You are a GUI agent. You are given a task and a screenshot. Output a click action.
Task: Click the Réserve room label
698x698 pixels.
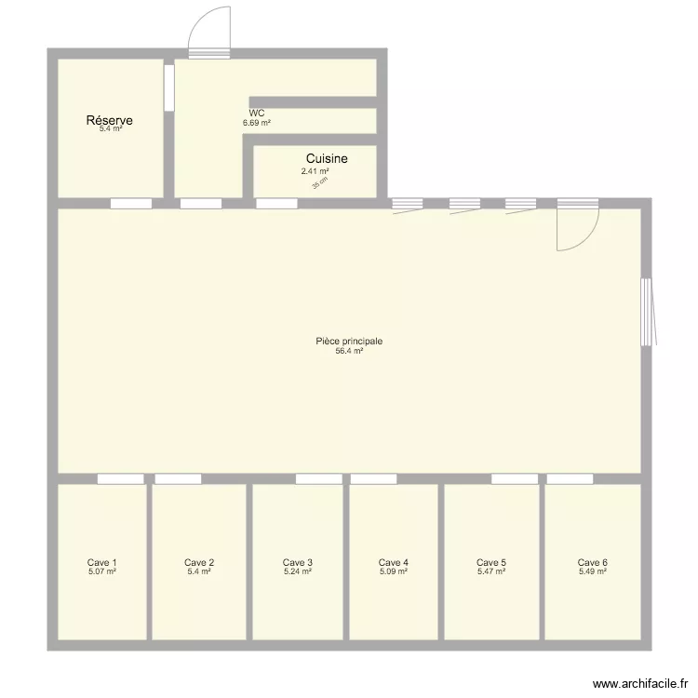[x=109, y=121]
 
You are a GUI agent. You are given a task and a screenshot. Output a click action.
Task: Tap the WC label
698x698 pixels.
[x=256, y=114]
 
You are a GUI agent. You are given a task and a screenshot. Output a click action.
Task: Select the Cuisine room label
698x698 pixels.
[x=327, y=159]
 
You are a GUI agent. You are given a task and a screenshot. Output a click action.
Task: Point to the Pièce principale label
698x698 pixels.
[x=349, y=342]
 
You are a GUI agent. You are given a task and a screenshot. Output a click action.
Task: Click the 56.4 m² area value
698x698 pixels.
[x=349, y=351]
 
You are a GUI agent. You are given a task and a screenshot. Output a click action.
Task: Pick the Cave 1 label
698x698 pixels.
[x=102, y=562]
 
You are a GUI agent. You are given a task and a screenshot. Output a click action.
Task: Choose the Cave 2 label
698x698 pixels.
[x=199, y=562]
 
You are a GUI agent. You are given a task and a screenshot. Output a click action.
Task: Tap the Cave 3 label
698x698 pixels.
[x=298, y=562]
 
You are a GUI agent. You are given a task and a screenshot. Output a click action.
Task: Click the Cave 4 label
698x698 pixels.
[x=394, y=562]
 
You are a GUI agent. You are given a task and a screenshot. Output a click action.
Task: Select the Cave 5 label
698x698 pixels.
[x=491, y=562]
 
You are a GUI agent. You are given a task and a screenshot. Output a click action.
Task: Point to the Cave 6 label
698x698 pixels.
[x=593, y=562]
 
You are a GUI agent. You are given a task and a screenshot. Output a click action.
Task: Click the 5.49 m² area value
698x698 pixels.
[x=593, y=571]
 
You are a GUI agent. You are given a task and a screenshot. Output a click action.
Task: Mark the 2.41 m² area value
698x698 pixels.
[x=315, y=171]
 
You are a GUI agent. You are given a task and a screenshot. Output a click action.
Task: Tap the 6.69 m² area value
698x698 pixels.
[x=257, y=123]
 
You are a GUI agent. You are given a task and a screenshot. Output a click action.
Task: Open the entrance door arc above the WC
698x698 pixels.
[x=210, y=28]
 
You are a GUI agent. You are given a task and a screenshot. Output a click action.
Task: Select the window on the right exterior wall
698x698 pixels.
[x=647, y=311]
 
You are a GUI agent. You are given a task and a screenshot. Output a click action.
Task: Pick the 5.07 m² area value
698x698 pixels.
[x=102, y=571]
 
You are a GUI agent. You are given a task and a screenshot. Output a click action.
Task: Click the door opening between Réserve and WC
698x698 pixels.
[x=169, y=87]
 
